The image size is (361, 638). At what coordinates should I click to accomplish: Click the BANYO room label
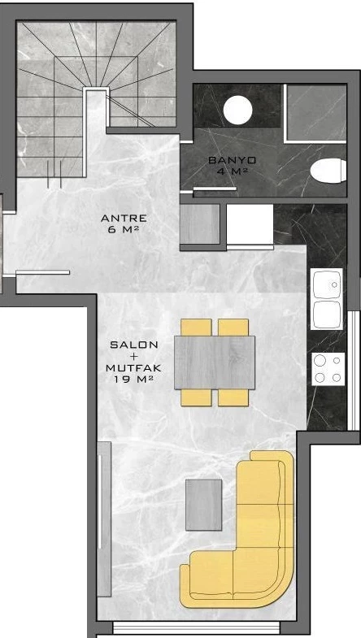click(232, 160)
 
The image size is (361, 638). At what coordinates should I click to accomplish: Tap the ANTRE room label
click(124, 219)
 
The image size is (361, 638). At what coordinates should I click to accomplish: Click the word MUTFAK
click(133, 368)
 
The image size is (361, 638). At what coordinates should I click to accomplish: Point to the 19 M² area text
click(133, 380)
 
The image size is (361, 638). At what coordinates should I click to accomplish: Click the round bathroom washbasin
click(237, 110)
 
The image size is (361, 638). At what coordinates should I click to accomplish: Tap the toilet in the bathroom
click(328, 170)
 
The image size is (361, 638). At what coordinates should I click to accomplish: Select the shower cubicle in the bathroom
click(315, 113)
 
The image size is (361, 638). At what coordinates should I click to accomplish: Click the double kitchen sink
click(326, 298)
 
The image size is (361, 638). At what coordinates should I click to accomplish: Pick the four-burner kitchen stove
click(328, 369)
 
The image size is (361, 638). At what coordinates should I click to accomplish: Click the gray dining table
click(215, 362)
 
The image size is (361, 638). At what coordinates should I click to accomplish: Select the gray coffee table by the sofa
click(204, 505)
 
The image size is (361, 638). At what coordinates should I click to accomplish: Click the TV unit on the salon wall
click(104, 519)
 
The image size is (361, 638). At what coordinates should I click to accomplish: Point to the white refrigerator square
click(250, 224)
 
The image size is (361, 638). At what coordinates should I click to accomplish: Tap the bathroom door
click(215, 189)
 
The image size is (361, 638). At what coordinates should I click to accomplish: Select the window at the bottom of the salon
click(196, 627)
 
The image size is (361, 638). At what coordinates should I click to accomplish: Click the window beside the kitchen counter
click(354, 371)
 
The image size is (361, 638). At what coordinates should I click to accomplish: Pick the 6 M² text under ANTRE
click(124, 229)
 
